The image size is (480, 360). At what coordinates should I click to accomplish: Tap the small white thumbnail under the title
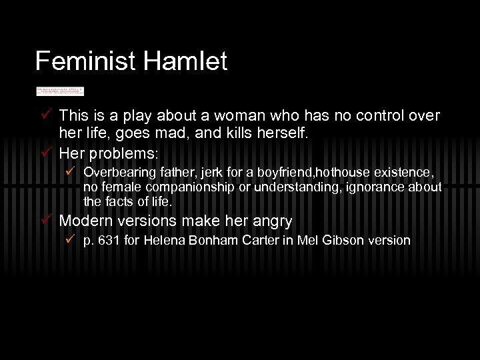pyautogui.click(x=60, y=91)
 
